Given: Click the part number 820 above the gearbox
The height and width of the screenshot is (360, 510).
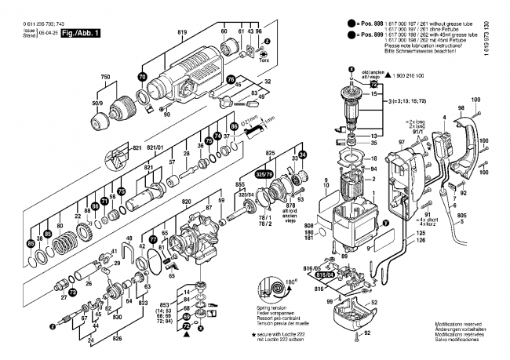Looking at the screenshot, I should click(x=187, y=202).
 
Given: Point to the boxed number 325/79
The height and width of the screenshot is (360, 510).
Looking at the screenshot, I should click(x=265, y=173).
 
